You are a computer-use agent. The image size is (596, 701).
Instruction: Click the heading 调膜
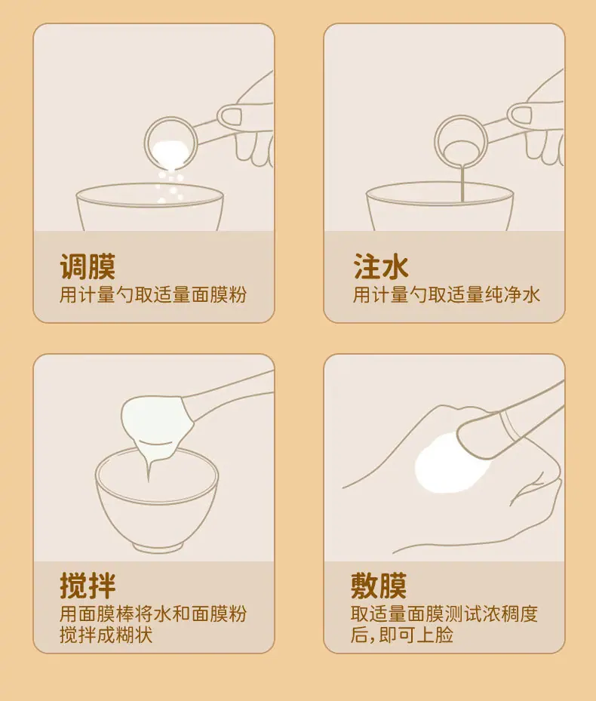point(88,267)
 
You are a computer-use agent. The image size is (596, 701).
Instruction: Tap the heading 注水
point(381,267)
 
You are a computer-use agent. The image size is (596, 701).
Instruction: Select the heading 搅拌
point(88,586)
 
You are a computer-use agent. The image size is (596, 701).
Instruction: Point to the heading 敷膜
point(379,586)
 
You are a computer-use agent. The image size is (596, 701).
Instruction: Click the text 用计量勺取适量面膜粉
point(153,295)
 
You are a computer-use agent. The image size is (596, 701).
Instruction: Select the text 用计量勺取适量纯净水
point(446,295)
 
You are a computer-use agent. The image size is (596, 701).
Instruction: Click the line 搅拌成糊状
point(106,635)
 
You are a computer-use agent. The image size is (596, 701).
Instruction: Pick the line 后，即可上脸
point(401,635)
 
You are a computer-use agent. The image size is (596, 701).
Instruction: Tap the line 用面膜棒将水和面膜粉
point(153,613)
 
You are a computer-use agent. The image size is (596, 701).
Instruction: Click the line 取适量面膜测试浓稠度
point(444,613)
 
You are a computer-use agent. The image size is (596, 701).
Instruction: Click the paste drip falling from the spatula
point(149,469)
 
